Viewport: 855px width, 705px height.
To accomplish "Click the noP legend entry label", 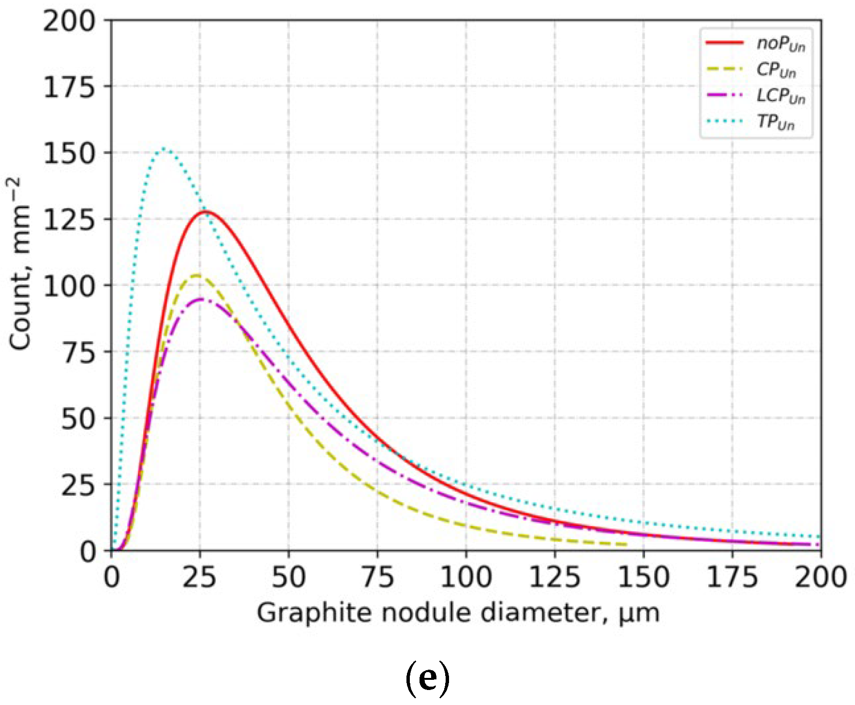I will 780,44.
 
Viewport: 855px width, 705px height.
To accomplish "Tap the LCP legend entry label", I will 780,96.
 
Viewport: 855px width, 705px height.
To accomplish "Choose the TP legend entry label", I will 776,122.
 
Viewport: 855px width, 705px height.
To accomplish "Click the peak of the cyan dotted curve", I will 164,149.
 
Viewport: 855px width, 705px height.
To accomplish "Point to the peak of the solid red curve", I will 207,211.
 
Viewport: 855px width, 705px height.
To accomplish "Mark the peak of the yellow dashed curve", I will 196,275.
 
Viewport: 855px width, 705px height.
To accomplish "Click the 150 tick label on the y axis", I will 69,153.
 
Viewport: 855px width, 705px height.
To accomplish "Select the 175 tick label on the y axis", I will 69,88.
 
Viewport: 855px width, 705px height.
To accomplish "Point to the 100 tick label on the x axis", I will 466,577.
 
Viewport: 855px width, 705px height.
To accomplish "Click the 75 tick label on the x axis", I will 377,577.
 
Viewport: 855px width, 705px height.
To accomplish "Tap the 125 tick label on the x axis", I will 555,577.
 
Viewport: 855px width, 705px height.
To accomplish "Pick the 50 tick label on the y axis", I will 78,419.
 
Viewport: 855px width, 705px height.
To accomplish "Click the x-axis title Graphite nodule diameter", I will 458,613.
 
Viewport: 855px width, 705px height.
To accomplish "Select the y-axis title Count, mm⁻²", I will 20,264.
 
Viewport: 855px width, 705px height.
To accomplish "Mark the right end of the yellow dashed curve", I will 626,544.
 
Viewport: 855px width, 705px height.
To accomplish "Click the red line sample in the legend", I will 724,43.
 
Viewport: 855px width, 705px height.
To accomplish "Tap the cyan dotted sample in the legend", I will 724,121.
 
